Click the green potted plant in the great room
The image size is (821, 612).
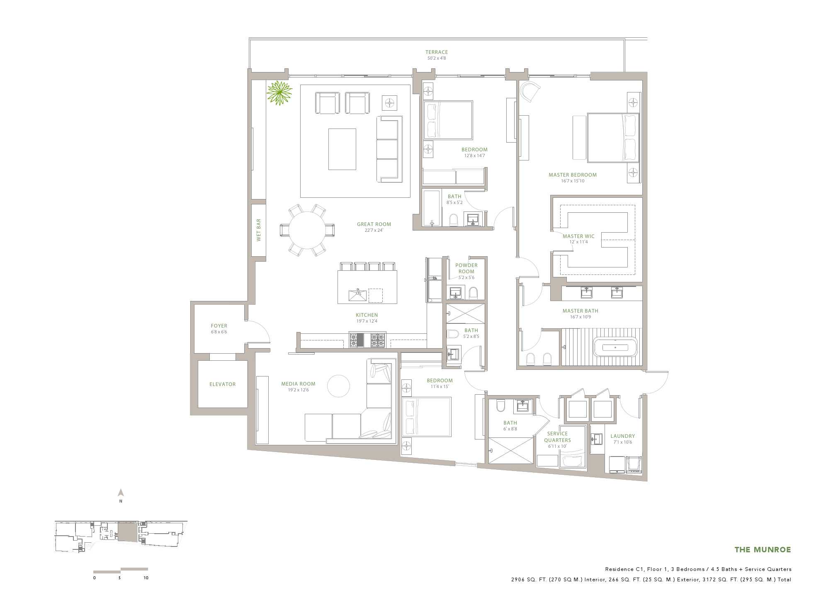(279, 93)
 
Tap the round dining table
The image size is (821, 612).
(307, 230)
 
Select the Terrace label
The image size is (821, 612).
(437, 52)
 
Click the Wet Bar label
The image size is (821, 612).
(259, 230)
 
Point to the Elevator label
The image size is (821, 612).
(223, 384)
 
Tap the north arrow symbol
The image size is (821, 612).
(121, 493)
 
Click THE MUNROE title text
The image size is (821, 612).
(763, 550)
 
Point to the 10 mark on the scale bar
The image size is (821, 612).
(146, 578)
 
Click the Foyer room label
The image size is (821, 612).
(219, 326)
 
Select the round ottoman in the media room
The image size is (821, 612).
(338, 386)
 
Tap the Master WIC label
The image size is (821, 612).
(578, 236)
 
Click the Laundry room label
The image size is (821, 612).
(623, 436)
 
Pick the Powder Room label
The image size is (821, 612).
(466, 268)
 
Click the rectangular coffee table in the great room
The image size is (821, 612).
(342, 149)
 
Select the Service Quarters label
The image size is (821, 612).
(557, 437)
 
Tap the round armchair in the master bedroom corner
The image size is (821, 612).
(530, 91)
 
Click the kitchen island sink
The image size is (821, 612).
(358, 296)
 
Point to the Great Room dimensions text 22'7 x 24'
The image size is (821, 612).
(374, 231)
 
